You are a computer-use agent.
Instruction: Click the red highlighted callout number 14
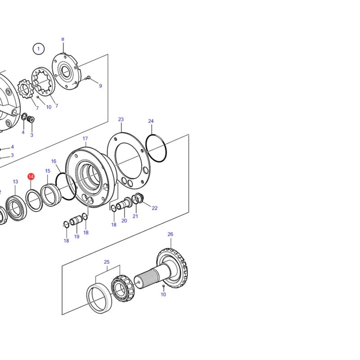click(x=31, y=176)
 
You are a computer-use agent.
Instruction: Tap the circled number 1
click(x=39, y=49)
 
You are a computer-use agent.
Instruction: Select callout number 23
click(x=121, y=119)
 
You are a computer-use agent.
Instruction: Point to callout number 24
click(x=151, y=121)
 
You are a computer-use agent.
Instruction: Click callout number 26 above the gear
click(x=171, y=234)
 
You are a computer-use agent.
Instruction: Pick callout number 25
click(x=107, y=262)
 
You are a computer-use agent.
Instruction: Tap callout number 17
click(x=85, y=139)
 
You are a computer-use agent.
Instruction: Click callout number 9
click(x=100, y=86)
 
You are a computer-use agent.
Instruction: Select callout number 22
click(x=155, y=208)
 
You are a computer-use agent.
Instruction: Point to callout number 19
click(x=76, y=237)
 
